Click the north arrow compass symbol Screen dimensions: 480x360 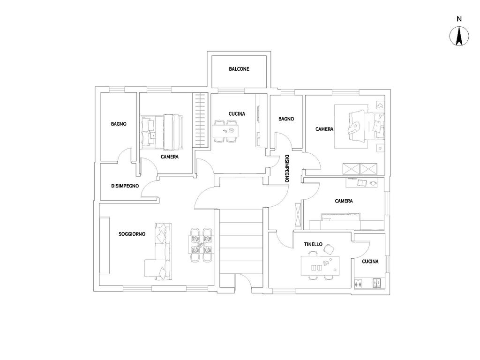[459, 37]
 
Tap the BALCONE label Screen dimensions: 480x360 [239, 69]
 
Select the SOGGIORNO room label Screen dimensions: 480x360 [132, 233]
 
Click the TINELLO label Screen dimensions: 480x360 [313, 244]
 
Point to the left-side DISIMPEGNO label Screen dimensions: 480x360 [125, 186]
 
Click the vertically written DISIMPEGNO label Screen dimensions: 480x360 [287, 168]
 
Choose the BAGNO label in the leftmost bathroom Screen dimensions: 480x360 [119, 124]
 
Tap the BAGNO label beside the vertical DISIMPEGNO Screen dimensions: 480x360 [286, 119]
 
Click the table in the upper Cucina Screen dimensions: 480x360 [225, 130]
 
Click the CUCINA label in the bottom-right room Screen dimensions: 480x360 [370, 262]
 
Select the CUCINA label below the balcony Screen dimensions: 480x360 [237, 113]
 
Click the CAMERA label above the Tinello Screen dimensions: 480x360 [344, 201]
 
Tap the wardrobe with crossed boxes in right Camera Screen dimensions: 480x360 [360, 168]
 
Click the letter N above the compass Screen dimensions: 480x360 [459, 19]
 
